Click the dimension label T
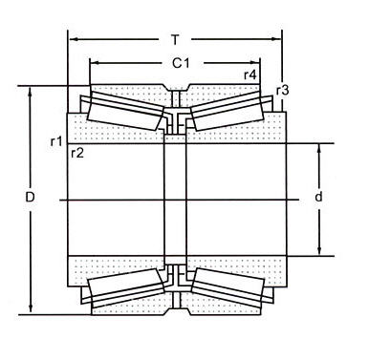[174, 40]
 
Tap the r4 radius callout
[250, 75]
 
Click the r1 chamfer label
[56, 141]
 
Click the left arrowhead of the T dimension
[71, 40]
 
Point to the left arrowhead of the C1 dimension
[94, 64]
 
